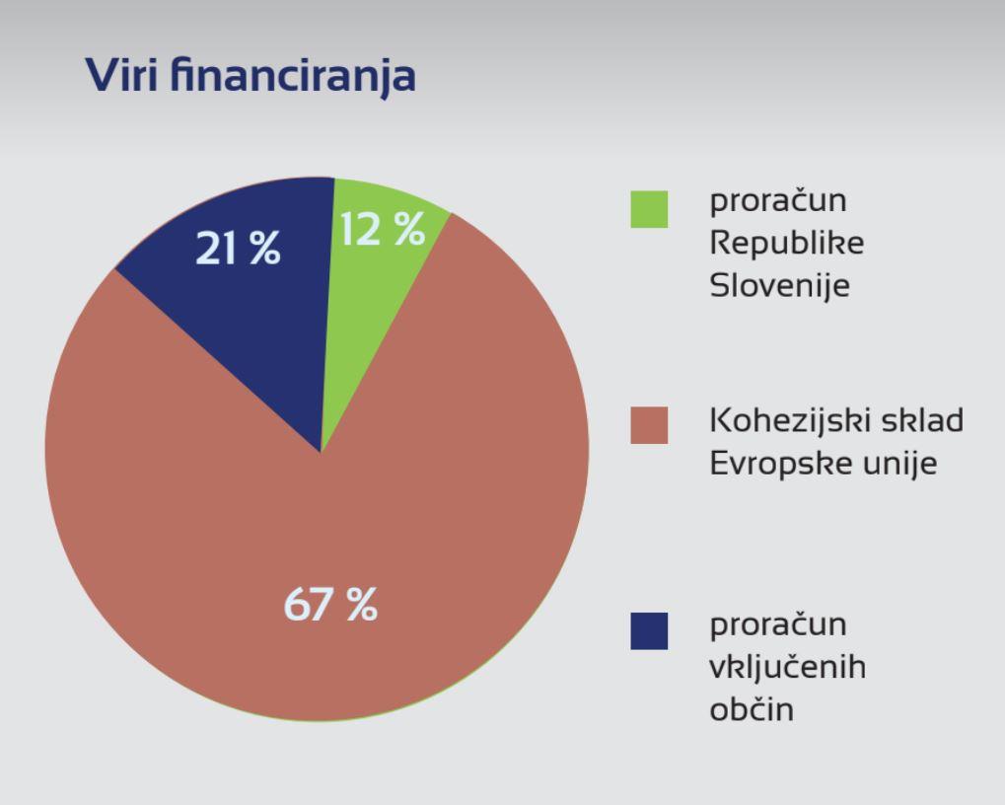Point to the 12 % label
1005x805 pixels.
click(x=382, y=230)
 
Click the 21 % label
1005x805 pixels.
click(x=238, y=248)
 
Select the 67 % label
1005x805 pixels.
click(x=330, y=604)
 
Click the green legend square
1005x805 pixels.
click(x=649, y=209)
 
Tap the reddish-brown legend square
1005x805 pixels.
click(x=649, y=425)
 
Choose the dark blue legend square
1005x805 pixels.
click(x=649, y=630)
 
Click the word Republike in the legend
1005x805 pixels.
click(x=787, y=244)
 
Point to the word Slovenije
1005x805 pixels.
click(x=780, y=285)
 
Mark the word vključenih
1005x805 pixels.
click(x=788, y=667)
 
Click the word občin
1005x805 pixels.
click(x=752, y=708)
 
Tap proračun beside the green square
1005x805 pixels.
click(x=778, y=201)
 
